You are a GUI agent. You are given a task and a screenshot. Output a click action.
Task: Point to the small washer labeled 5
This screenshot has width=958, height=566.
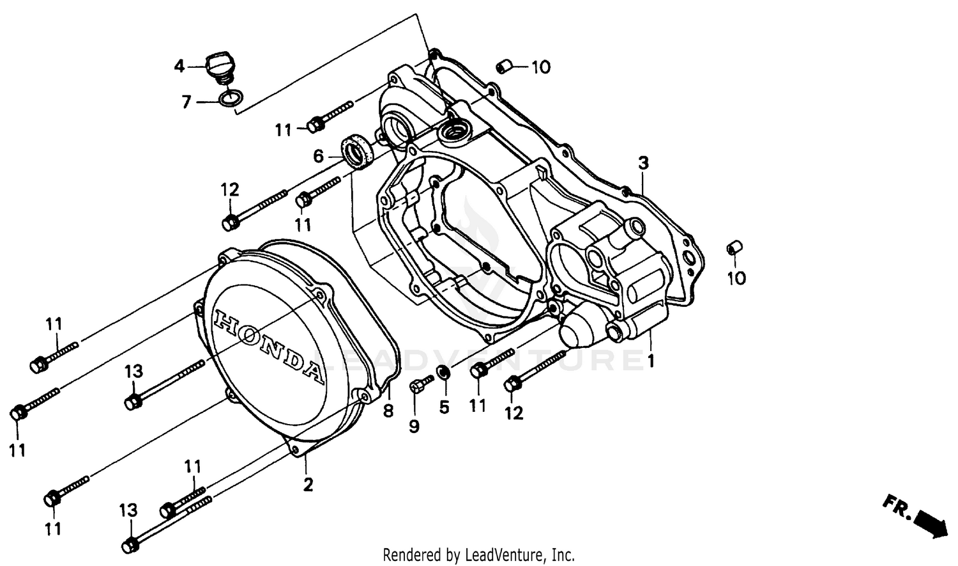click(x=442, y=372)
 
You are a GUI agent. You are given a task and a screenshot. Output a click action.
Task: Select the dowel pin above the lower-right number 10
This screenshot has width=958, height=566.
click(x=734, y=248)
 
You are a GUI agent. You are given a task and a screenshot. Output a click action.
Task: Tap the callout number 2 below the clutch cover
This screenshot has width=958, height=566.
click(x=308, y=485)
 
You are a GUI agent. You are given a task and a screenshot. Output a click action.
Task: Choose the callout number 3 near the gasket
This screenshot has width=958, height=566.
click(x=643, y=163)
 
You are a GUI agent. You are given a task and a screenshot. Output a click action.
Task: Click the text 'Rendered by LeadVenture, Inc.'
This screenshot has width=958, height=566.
click(x=478, y=554)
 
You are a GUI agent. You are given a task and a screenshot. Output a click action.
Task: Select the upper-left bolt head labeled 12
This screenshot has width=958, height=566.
click(x=231, y=223)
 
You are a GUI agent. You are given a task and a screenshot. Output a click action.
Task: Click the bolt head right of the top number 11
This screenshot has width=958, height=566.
click(x=314, y=125)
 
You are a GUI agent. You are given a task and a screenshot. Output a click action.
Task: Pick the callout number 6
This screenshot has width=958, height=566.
click(x=317, y=156)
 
